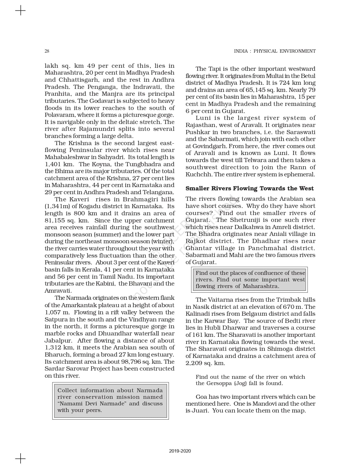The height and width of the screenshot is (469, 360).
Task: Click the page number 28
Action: [x=47, y=51]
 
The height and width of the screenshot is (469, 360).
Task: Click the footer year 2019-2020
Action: [x=180, y=451]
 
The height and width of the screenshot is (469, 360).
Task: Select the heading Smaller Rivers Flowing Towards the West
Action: [x=250, y=188]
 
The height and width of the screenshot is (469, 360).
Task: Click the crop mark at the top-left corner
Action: [x=20, y=11]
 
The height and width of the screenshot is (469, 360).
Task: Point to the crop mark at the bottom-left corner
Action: [x=20, y=458]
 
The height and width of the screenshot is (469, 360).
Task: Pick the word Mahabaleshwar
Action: [x=64, y=157]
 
